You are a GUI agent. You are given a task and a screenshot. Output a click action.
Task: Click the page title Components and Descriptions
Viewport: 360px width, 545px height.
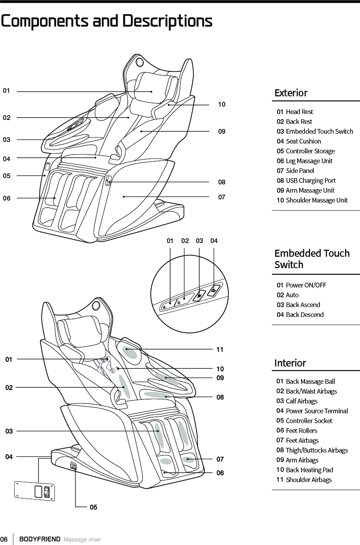pyautogui.click(x=107, y=21)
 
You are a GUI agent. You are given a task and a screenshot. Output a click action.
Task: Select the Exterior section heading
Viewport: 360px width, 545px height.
pyautogui.click(x=291, y=93)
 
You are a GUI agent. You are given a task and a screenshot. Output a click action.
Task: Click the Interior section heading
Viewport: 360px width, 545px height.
pyautogui.click(x=290, y=363)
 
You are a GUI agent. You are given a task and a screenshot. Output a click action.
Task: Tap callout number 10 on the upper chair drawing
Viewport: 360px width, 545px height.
pyautogui.click(x=222, y=105)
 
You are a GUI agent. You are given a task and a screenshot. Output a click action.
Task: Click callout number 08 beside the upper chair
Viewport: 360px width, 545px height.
pyautogui.click(x=222, y=182)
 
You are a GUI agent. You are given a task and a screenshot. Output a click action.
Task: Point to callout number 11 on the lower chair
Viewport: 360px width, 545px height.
pyautogui.click(x=220, y=349)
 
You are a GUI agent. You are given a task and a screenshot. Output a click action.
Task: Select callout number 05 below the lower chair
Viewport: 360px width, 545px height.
pyautogui.click(x=93, y=507)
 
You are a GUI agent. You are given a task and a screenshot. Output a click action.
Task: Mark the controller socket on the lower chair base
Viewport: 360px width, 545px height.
pyautogui.click(x=73, y=466)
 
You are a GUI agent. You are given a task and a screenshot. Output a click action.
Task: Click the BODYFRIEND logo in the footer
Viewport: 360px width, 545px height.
pyautogui.click(x=40, y=539)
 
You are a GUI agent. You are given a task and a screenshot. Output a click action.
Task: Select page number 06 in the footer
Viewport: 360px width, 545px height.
pyautogui.click(x=4, y=539)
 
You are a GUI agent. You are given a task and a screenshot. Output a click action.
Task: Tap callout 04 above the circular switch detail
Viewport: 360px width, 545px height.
pyautogui.click(x=214, y=241)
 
